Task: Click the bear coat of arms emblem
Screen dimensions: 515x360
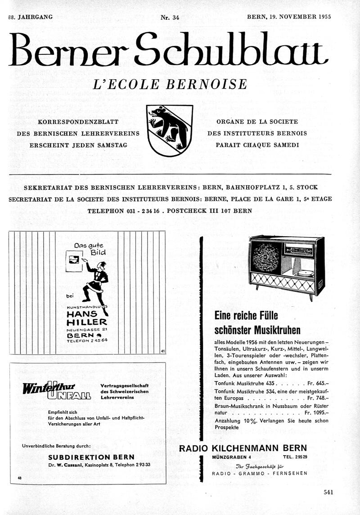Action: tap(170, 130)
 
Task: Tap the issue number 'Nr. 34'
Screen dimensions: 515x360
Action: tap(170, 18)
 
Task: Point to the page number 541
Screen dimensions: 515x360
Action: tap(328, 492)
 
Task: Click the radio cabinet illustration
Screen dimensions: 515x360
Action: tap(287, 265)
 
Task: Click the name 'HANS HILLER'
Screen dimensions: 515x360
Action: tap(87, 318)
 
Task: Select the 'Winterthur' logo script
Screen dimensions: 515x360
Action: tap(49, 387)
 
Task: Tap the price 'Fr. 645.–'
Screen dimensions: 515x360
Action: tap(316, 383)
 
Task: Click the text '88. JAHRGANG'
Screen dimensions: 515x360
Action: tap(30, 17)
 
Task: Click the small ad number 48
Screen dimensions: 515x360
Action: tap(20, 478)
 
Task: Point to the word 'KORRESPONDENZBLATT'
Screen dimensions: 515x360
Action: tap(78, 122)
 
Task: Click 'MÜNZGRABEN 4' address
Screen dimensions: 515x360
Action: tap(232, 457)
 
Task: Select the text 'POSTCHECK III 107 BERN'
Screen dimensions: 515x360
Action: tap(209, 210)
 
